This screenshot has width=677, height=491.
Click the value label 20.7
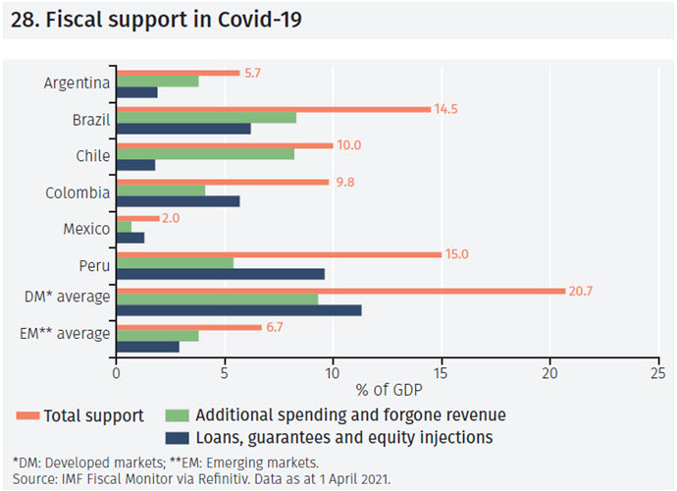584,291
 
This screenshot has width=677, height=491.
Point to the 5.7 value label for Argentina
254,73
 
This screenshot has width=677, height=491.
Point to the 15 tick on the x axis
442,373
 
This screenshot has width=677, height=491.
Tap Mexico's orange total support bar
137,218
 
